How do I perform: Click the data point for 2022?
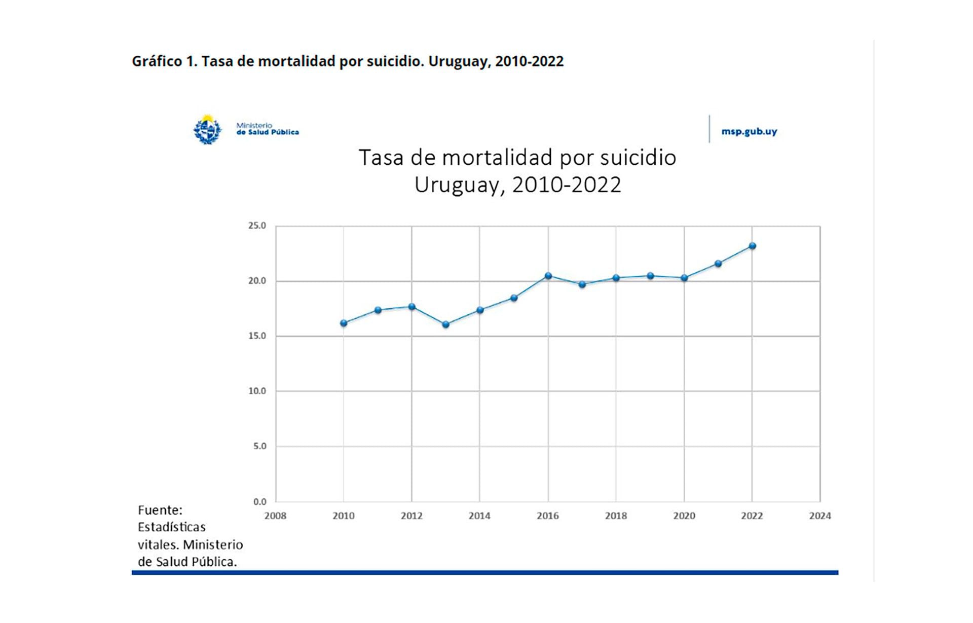[x=752, y=246]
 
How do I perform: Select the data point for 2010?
[x=344, y=323]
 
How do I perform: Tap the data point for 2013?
[x=445, y=324]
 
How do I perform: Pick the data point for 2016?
[x=548, y=276]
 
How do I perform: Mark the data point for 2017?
[x=582, y=284]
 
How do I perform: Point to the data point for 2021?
[x=718, y=264]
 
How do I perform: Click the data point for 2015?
[x=514, y=298]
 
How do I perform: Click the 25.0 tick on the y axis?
[x=257, y=226]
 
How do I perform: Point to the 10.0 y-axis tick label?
[x=257, y=391]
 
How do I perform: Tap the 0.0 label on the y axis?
[x=259, y=501]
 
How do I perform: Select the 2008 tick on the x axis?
[x=275, y=516]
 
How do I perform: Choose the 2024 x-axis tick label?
[x=820, y=516]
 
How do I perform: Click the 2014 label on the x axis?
[x=479, y=516]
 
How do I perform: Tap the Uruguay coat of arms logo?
[x=207, y=130]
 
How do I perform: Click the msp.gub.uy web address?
[x=749, y=131]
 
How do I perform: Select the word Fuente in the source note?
[x=160, y=510]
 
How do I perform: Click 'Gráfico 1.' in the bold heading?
[x=164, y=61]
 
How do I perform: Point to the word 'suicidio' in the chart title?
[x=638, y=158]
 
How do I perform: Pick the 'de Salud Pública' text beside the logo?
[x=268, y=132]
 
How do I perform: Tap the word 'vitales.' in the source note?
[x=158, y=544]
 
